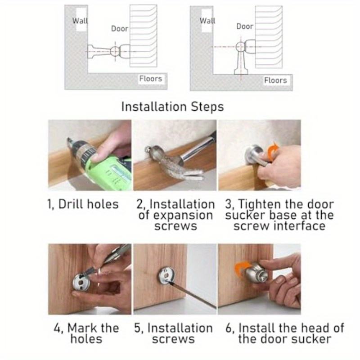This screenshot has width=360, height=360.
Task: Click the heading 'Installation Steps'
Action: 172,107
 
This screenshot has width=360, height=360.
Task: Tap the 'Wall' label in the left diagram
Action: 80,21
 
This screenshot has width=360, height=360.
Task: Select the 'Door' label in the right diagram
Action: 244,27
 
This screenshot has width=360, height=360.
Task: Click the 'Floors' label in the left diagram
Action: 151,79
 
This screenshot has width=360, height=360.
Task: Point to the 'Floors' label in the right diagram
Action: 275,81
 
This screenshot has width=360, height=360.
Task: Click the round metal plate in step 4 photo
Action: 81,283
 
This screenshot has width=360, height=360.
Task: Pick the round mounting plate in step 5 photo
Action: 166,275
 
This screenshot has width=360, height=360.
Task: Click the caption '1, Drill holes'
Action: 83,204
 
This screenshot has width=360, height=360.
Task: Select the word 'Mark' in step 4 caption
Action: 81,328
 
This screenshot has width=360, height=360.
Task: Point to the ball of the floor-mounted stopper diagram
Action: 240,47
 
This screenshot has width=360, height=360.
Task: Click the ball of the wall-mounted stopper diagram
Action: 115,51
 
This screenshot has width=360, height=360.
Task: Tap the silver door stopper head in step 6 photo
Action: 256,273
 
